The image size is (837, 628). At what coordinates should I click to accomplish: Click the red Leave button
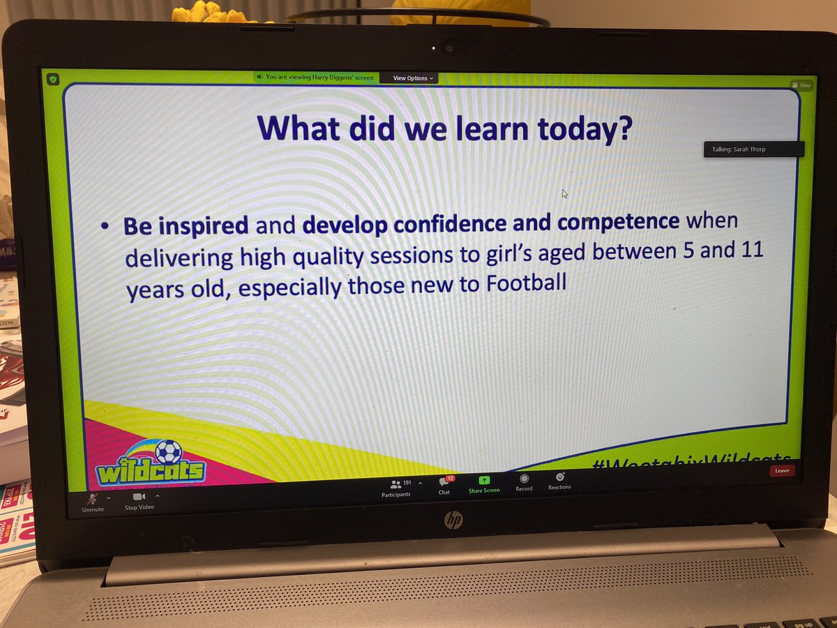(x=782, y=470)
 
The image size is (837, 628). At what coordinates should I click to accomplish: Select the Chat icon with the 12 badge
(x=444, y=482)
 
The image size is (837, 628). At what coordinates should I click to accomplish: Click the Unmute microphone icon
(x=92, y=498)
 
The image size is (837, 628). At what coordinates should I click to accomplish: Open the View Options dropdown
(x=413, y=78)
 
